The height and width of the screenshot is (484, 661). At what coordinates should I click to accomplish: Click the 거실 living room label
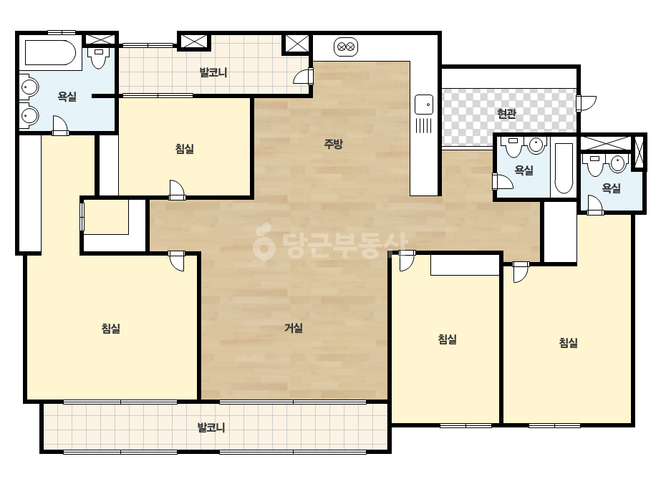click(x=294, y=328)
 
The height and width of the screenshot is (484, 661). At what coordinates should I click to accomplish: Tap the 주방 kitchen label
click(x=334, y=144)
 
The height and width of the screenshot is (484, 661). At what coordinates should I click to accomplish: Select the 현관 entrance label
click(x=506, y=113)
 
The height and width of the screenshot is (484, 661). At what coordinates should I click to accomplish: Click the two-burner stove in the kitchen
click(x=346, y=47)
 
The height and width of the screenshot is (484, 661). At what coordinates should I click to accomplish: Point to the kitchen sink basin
click(x=424, y=104)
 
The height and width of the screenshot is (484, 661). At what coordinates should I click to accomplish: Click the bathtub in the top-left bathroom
click(x=51, y=53)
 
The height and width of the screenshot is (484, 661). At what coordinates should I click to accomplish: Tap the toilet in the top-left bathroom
click(x=99, y=58)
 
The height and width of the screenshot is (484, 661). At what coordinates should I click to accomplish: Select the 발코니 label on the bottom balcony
click(x=211, y=427)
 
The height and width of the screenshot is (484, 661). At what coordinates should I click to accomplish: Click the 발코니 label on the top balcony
click(x=213, y=72)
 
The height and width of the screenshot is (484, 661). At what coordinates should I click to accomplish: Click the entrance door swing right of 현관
click(x=587, y=104)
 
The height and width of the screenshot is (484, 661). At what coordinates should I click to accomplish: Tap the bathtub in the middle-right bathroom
click(x=564, y=168)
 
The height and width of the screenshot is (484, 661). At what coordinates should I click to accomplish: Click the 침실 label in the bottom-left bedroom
click(x=111, y=328)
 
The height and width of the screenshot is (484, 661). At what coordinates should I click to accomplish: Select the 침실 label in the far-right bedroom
click(x=568, y=342)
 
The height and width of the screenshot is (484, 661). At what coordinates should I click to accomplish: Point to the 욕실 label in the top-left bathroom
click(x=67, y=97)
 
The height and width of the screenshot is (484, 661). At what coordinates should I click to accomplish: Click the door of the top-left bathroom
click(x=60, y=125)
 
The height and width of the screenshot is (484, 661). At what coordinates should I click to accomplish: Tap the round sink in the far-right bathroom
click(x=617, y=163)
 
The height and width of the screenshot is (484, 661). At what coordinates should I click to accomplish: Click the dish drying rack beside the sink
click(x=424, y=125)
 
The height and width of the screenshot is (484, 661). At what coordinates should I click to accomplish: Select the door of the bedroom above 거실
click(x=177, y=190)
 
